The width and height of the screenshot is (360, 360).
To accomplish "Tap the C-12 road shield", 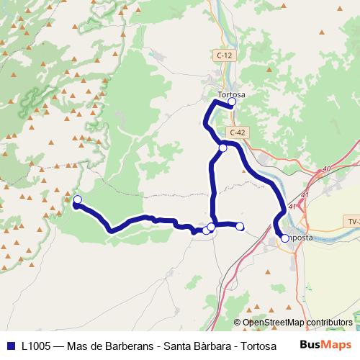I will point(223,55).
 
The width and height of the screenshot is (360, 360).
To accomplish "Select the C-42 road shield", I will point(238,132).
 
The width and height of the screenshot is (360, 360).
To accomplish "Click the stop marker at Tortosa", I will point(232,102).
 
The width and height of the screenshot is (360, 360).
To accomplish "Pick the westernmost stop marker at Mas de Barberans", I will point(78,199).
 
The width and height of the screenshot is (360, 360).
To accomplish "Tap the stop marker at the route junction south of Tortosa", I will point(223,148).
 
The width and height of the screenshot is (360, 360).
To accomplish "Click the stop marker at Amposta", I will point(285,238).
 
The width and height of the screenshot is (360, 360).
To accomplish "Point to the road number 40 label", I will point(326,168).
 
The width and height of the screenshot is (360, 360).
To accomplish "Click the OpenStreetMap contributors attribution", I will point(297,323).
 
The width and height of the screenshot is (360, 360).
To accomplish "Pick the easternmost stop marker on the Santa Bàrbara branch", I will point(240,227).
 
